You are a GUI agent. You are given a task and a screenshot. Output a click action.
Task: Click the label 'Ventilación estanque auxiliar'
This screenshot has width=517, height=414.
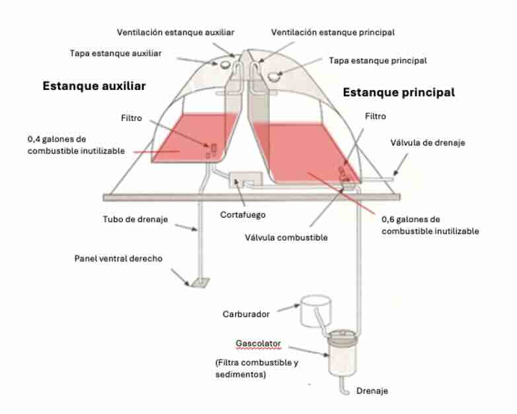point(175,32)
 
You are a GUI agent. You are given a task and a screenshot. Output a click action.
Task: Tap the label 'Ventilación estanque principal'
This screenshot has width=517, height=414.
point(333,32)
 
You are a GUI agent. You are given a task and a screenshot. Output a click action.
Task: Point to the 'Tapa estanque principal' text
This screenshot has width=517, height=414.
point(378,60)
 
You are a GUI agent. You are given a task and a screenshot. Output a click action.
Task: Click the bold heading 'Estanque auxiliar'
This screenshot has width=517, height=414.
point(94,86)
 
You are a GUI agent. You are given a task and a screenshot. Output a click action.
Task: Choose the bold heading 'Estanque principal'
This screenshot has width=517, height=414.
point(398,93)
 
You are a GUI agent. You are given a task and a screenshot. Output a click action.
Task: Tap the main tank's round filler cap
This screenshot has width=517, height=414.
point(274,76)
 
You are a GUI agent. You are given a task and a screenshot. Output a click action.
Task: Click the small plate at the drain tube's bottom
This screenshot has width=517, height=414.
point(198,284)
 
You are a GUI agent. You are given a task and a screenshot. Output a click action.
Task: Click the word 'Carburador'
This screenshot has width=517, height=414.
point(245,314)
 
